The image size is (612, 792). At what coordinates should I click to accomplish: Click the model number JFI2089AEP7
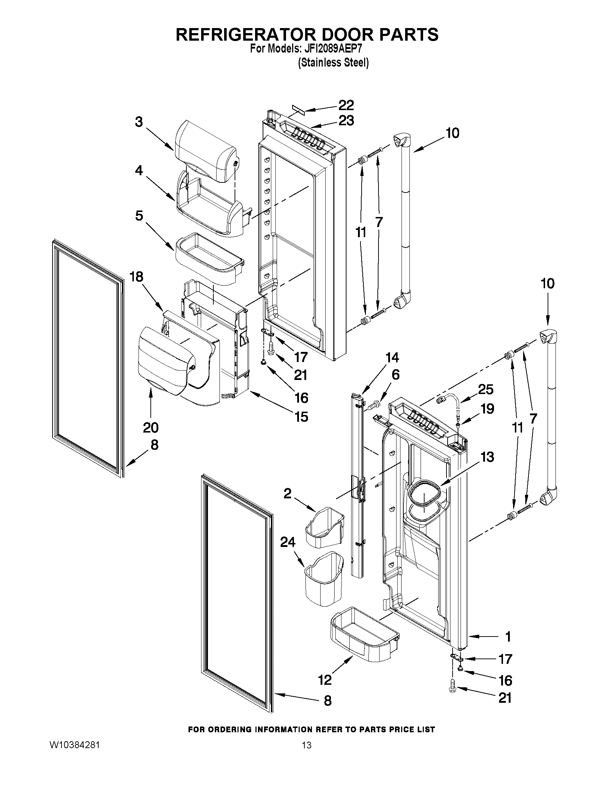tap(332, 49)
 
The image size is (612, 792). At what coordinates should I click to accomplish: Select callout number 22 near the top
tap(346, 105)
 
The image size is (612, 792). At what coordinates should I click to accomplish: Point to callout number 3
tap(139, 122)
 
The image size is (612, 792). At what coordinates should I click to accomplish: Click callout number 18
tap(137, 277)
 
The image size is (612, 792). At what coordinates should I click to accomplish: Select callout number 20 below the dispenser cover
tap(151, 427)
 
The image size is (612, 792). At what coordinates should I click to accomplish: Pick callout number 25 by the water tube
tap(486, 389)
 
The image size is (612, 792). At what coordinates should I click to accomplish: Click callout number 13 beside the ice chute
tap(487, 457)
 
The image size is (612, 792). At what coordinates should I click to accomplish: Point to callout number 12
tap(325, 680)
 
